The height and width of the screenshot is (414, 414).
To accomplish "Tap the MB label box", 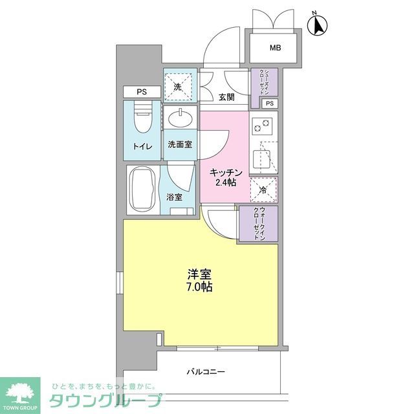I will point(276,47).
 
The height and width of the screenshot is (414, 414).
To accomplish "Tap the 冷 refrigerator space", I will point(263,190).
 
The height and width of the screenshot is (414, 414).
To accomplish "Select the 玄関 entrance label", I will point(226,98).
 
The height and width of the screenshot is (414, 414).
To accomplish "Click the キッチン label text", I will point(226,172).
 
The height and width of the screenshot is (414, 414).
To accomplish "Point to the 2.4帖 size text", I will point(226,183).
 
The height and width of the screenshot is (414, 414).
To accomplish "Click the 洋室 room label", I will point(201,274).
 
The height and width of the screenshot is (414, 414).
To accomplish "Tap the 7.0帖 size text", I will point(201,287).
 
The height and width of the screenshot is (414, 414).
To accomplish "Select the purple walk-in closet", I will point(257,224).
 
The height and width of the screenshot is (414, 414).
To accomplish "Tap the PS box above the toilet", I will point(140,92).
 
